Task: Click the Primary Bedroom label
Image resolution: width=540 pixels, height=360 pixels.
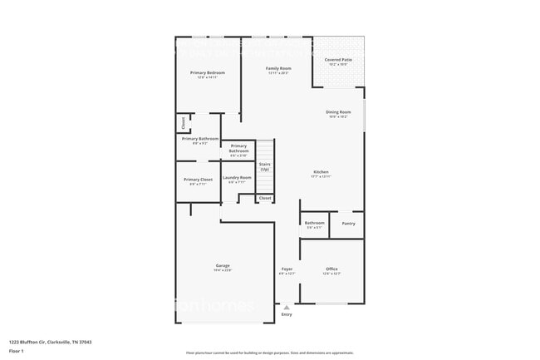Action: coord(207,73)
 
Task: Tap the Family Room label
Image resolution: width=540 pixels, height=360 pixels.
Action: coord(278,68)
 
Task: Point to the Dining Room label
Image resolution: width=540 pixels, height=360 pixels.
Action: coord(338,112)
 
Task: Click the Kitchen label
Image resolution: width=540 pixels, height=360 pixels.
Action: coord(321,172)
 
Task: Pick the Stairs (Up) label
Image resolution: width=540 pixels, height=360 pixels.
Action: coord(264,166)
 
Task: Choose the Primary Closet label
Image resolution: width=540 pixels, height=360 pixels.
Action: coord(198,180)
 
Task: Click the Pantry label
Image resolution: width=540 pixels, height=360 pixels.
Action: coord(347,223)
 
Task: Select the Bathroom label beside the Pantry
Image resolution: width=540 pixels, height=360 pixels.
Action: coord(314,223)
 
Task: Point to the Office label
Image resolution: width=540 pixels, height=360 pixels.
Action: coord(331,269)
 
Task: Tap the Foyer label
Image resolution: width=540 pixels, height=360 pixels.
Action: coord(287,269)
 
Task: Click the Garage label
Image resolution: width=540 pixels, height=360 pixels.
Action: coord(223,266)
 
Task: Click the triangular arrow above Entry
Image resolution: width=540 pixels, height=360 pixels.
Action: coord(287,307)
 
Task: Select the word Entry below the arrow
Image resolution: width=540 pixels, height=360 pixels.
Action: coord(287,314)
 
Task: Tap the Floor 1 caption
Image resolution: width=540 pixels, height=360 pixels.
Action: coord(17,351)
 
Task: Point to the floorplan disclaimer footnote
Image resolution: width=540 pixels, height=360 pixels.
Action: coord(269,353)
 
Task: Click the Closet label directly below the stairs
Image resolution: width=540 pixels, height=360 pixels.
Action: coord(264,199)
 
